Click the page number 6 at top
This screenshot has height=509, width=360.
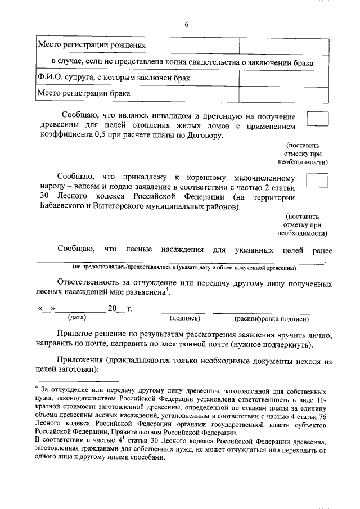pos(186,24)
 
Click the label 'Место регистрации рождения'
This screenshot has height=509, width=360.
pos(92,45)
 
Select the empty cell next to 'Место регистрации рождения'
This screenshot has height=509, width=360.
pos(276,45)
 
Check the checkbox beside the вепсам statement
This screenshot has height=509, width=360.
pos(317,180)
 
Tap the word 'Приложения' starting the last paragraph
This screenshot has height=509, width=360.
pos(80,360)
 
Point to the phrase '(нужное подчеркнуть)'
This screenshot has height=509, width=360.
pos(277,344)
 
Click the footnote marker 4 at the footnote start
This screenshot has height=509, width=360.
pos(36,387)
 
